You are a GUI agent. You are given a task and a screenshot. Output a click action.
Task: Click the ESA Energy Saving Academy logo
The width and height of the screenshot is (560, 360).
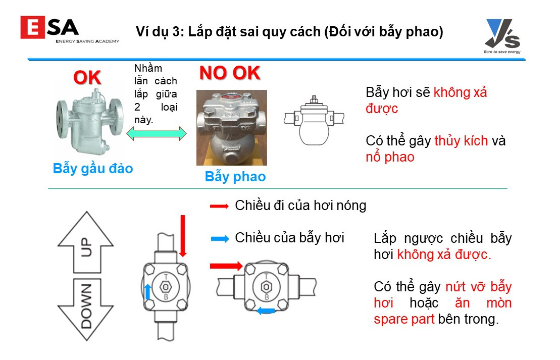pyautogui.click(x=70, y=30)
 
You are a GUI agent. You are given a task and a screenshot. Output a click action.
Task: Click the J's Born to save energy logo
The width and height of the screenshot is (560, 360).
pyautogui.click(x=502, y=36)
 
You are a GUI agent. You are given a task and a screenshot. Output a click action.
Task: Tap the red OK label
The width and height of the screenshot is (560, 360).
pyautogui.click(x=87, y=77)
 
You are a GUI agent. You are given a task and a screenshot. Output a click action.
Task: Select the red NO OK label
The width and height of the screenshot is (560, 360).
pyautogui.click(x=230, y=73)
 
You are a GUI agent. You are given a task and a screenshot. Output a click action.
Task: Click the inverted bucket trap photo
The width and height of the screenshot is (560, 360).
pyautogui.click(x=90, y=121)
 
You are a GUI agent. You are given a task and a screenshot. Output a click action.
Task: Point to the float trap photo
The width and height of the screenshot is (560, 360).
pyautogui.click(x=232, y=128)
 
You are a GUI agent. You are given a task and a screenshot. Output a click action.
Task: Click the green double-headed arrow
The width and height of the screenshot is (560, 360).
pyautogui.click(x=157, y=134)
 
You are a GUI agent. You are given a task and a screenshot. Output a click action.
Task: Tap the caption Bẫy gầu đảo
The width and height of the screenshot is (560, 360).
pyautogui.click(x=93, y=168)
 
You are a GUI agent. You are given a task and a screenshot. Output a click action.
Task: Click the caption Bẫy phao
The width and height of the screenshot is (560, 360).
pyautogui.click(x=235, y=176)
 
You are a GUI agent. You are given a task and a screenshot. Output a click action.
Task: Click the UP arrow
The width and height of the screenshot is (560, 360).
pyautogui.click(x=86, y=242)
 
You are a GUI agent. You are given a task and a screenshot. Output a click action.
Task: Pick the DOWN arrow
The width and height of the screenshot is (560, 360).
pyautogui.click(x=86, y=310)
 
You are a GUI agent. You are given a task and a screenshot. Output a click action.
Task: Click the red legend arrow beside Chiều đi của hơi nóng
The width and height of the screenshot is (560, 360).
pyautogui.click(x=219, y=206)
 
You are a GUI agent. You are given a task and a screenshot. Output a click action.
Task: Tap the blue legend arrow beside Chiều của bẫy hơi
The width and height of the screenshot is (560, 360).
pyautogui.click(x=220, y=239)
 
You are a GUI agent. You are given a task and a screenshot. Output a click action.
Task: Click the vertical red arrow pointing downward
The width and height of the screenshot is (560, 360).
pyautogui.click(x=183, y=236)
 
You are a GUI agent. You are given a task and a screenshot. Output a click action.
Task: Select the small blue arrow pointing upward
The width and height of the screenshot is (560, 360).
pyautogui.click(x=147, y=292)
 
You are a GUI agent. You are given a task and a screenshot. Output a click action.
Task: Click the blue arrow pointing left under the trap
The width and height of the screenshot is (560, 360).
pyautogui.click(x=266, y=311)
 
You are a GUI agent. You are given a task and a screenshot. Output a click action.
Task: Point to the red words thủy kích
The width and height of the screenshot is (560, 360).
pyautogui.click(x=461, y=141)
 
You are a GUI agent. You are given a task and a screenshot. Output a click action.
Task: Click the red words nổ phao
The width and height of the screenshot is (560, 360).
pyautogui.click(x=390, y=157)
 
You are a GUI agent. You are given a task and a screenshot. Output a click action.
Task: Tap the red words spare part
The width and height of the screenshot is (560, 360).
pyautogui.click(x=404, y=319)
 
